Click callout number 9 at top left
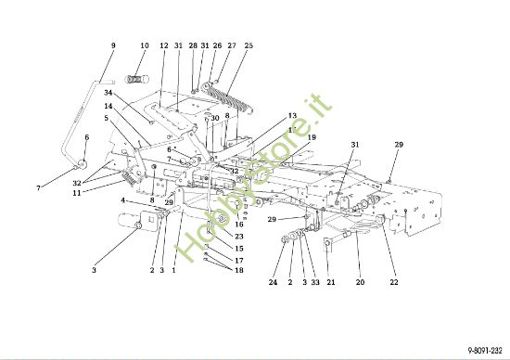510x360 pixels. pos(113,45)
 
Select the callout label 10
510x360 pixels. pos(145,45)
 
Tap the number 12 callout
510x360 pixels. pos(163,45)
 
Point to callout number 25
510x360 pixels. pos(249,45)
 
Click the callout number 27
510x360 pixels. pos(231,45)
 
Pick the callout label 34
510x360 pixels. pos(108,93)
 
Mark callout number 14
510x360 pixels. pos(108,107)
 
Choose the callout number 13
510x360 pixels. pos(292,116)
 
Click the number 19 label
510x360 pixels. pos(312,137)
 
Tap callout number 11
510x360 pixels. pos(76,192)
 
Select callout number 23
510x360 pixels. pos(239,237)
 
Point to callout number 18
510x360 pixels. pos(239,270)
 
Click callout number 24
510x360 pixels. pos(274,282)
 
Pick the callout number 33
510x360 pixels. pos(315,282)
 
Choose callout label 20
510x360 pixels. pos(361,282)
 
